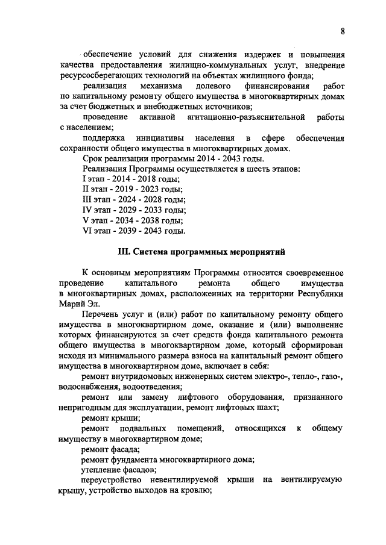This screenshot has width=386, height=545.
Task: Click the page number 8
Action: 341,31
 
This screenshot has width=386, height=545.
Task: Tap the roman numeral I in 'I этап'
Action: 83,179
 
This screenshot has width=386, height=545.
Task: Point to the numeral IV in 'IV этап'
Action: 86,210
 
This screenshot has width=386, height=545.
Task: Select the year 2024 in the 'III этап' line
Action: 129,200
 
